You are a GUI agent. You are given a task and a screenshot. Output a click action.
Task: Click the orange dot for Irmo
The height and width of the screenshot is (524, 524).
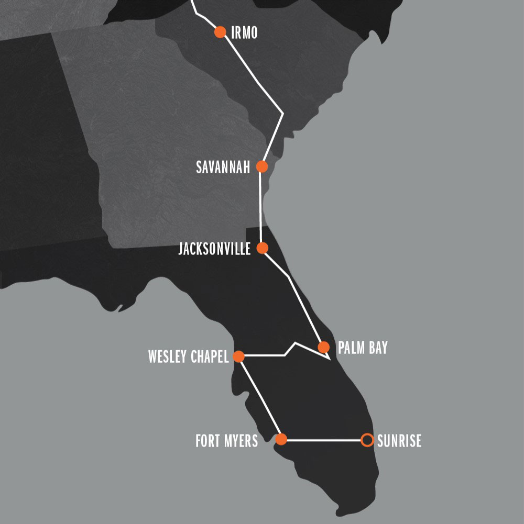[x=220, y=32]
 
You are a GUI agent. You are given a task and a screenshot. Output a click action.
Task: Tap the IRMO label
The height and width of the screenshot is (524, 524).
[x=244, y=32]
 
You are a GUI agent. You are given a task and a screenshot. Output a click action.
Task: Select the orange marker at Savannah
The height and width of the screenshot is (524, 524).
[x=262, y=167]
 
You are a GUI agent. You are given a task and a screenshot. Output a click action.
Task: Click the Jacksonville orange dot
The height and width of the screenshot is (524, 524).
[x=263, y=248]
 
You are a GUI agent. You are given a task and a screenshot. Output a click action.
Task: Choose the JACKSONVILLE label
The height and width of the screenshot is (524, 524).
[x=214, y=248]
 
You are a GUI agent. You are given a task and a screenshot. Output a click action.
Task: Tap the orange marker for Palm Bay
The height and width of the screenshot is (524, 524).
[x=323, y=347]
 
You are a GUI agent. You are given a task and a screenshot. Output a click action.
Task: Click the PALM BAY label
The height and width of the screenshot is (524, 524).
[x=363, y=348]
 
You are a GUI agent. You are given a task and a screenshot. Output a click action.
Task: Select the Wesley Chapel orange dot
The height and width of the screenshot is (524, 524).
[x=238, y=357]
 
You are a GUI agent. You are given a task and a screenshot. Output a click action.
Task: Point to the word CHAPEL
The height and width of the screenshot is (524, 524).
[x=210, y=358]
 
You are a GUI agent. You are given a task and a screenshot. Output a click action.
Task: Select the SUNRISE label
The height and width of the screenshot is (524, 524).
[x=399, y=441]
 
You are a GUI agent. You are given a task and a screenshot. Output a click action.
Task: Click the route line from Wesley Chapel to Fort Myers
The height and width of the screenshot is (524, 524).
[x=260, y=398]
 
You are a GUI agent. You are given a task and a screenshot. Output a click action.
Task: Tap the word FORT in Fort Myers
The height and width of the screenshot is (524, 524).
[x=207, y=441]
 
